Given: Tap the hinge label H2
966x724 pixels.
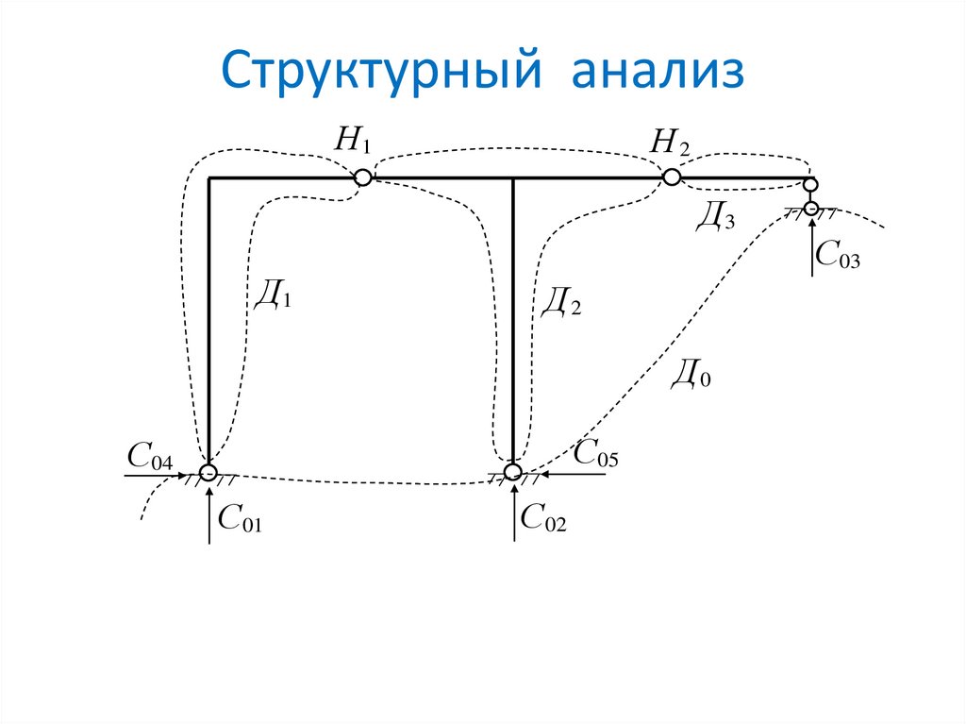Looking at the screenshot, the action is pos(671,143).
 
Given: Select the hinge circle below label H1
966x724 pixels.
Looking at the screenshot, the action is pos(362,177).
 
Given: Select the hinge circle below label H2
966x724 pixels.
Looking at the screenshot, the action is pos(671,177).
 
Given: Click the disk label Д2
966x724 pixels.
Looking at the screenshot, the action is pos(561,301).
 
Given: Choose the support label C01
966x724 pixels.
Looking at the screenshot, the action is pos(238,517).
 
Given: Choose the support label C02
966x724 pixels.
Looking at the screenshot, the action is pos(542,517).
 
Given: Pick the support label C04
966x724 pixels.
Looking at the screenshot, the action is pos(150,459).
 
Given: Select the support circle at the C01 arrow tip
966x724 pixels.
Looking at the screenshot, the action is pos(208,473).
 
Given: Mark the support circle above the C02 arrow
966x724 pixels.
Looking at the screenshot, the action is pos(512,471).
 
